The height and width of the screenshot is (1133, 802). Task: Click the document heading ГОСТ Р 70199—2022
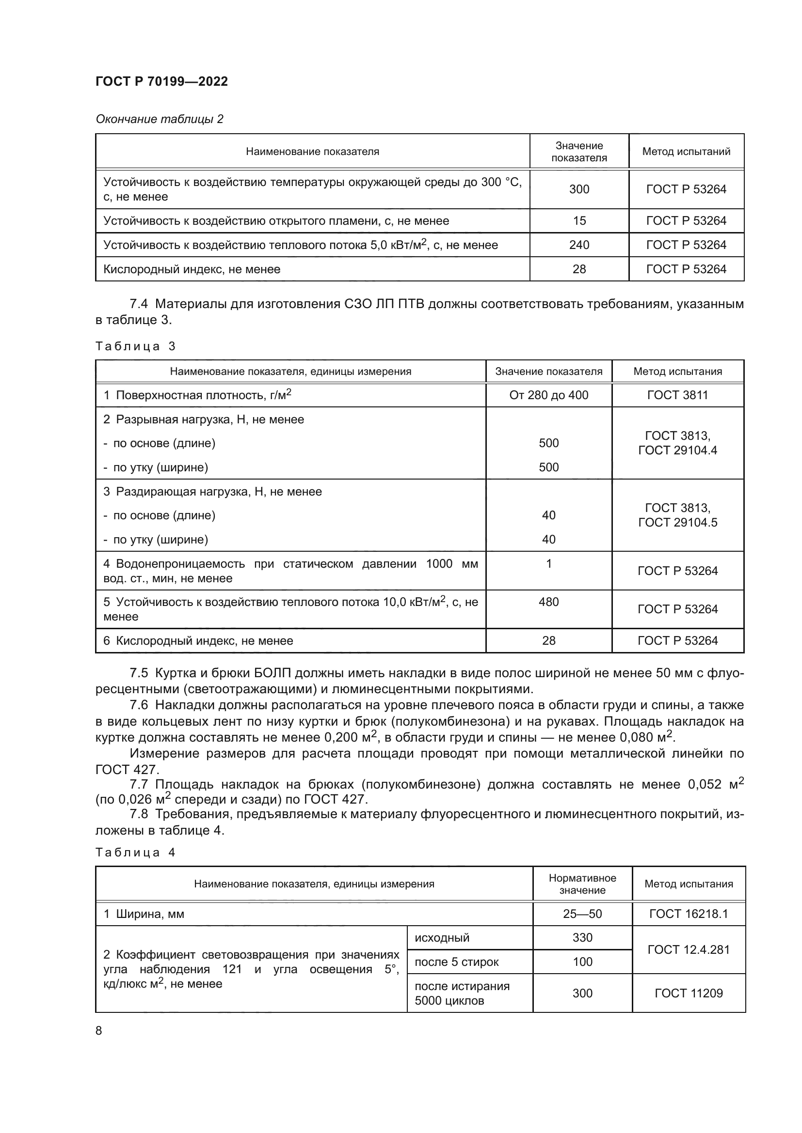coord(161,81)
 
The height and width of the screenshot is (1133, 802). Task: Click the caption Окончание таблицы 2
coord(159,119)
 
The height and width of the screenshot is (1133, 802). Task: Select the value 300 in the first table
coord(579,189)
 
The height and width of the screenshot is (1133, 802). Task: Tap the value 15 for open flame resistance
coord(579,220)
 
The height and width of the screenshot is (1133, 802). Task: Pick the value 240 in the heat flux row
coord(579,245)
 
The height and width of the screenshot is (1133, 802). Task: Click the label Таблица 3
coord(135,346)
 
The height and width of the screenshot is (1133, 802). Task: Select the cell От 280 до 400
coord(548,395)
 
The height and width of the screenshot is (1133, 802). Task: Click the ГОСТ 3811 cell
coord(677,395)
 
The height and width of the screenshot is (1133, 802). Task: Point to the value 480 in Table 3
coord(548,602)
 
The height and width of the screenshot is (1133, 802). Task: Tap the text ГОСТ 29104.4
coord(677,450)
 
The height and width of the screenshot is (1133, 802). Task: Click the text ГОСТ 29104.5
coord(677,522)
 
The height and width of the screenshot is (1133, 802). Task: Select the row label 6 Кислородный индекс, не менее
coord(198,640)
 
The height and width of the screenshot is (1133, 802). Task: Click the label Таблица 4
coord(135,852)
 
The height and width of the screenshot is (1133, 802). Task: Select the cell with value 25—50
coord(582,914)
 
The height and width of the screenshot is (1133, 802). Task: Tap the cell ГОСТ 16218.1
coord(689,914)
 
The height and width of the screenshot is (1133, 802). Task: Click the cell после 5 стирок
coord(456,962)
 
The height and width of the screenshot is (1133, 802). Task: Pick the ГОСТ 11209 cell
coord(689,993)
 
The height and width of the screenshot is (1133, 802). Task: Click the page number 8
coord(99,1030)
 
